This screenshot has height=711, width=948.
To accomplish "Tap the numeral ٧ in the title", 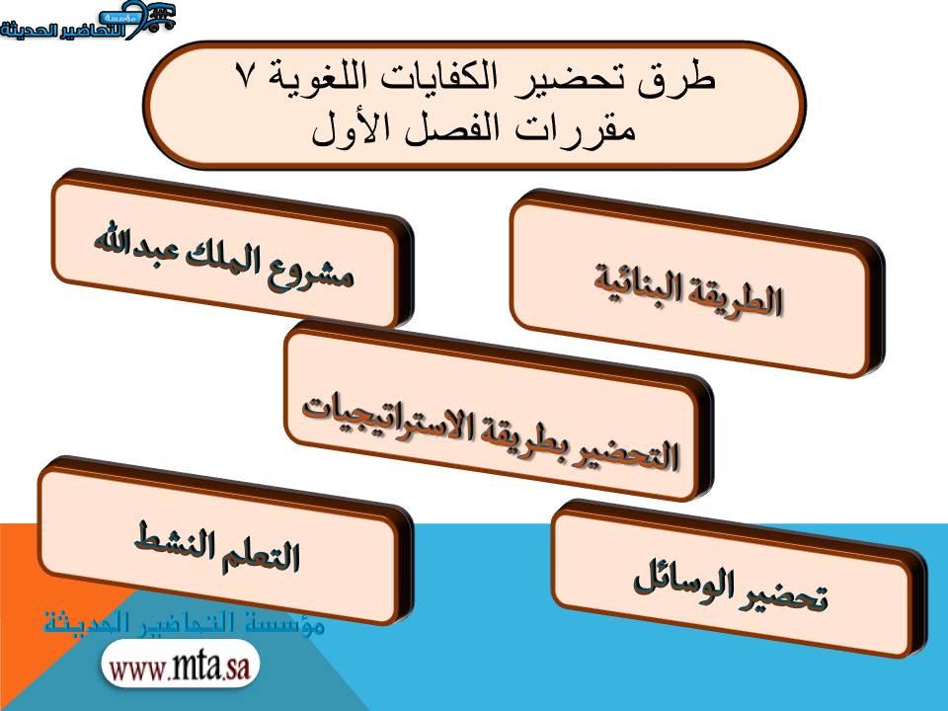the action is pyautogui.click(x=244, y=77).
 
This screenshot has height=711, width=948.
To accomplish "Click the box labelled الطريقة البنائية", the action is pyautogui.click(x=694, y=286).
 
